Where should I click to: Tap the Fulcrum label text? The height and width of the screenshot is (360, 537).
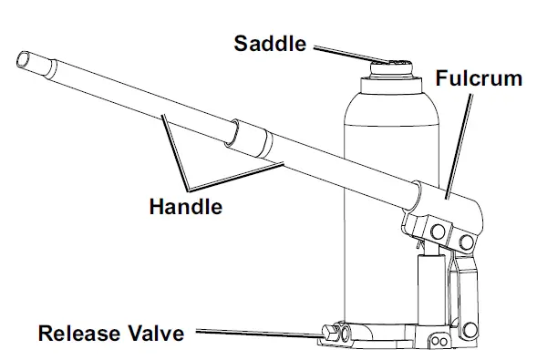[x=479, y=78]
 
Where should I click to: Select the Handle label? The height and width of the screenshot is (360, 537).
[x=186, y=207]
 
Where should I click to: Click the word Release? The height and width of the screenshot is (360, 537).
[x=77, y=333]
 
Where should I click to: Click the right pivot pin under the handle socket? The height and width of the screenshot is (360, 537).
[x=468, y=239]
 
